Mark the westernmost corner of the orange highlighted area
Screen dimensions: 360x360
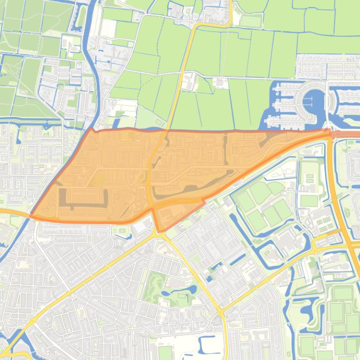(31, 215)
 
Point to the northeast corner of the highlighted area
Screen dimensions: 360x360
(330, 132)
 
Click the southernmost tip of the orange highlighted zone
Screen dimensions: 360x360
(159, 231)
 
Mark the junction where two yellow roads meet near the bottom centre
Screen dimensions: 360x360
(221, 311)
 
